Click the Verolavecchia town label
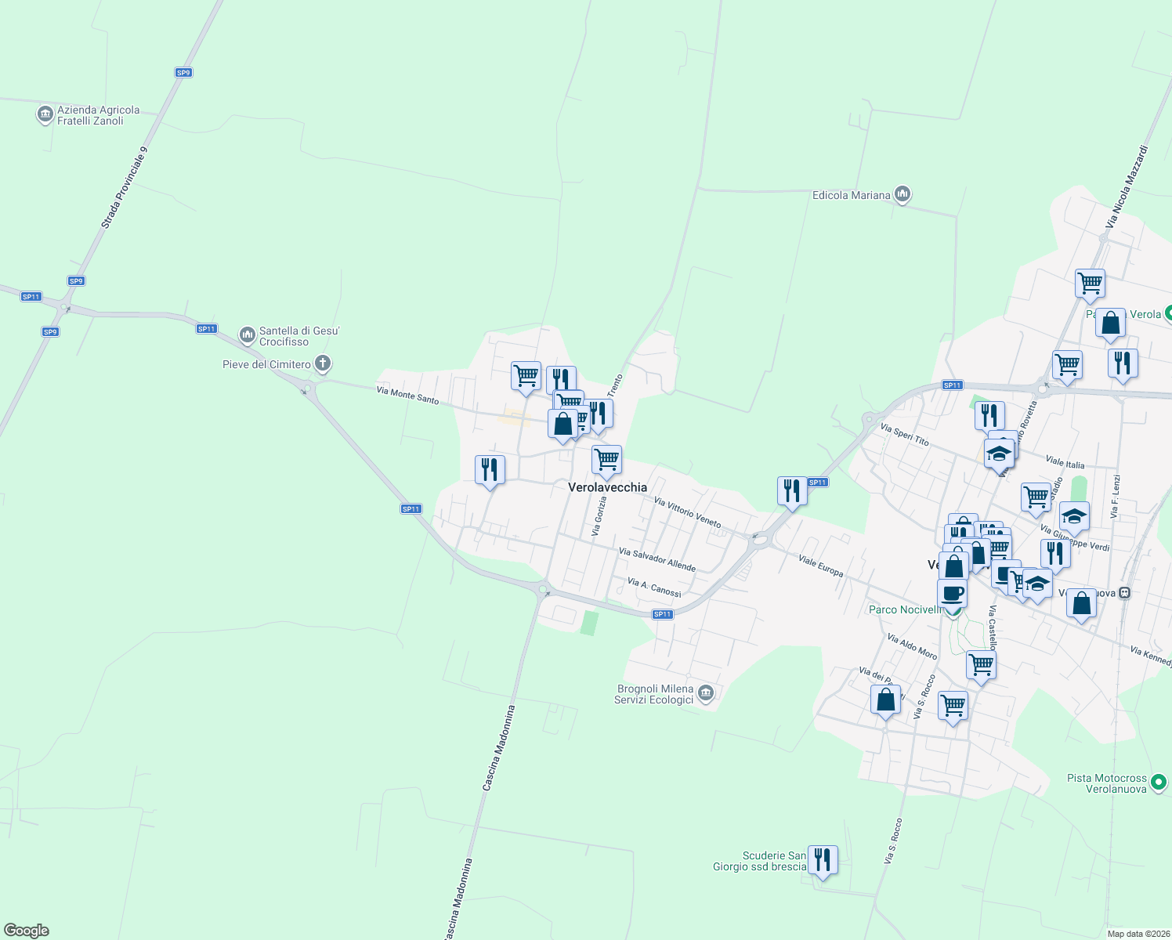coord(607,487)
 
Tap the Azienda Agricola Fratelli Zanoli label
coord(98,115)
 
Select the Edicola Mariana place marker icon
coord(903,194)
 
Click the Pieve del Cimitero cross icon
coord(322,363)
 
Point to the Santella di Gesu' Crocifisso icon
coord(248,336)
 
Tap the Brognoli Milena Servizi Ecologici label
coord(655,694)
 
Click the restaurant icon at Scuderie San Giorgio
coord(823,859)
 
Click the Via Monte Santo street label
coord(407,394)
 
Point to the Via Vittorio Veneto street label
coord(687,512)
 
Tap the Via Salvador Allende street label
coord(657,559)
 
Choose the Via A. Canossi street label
coord(654,587)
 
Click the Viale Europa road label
coord(820,566)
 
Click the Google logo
coord(27,931)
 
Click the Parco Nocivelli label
coord(905,609)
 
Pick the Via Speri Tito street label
coord(904,436)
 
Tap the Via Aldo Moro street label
coord(912,646)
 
